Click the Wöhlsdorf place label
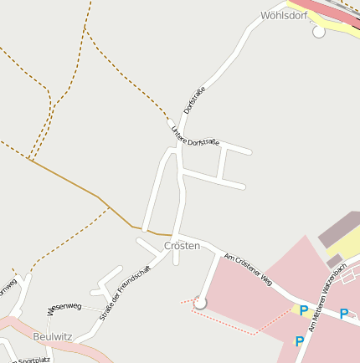[285, 15]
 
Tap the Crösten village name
[182, 246]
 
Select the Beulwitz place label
[52, 336]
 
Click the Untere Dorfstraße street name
[194, 136]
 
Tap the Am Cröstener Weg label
[249, 266]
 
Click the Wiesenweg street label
[64, 307]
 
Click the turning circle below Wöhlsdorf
[318, 32]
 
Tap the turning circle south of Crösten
[200, 302]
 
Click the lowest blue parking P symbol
[299, 341]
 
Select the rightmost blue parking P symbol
[343, 314]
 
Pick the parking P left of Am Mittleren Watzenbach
[303, 311]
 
